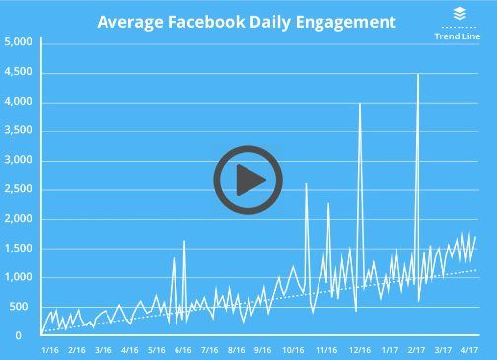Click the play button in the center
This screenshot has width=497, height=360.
pos(248,180)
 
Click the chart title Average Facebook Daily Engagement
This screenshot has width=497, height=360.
pos(247,21)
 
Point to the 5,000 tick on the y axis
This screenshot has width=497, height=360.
pos(19,42)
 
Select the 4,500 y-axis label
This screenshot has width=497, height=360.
pos(19,72)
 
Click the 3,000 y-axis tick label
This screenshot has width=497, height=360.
pos(19,160)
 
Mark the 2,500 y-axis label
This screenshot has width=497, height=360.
pos(19,189)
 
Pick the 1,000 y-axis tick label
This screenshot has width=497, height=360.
pos(19,277)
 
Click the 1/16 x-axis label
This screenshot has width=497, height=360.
pos(49,349)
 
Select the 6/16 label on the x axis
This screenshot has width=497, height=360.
pos(182,349)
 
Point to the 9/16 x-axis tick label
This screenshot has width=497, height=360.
pos(262,349)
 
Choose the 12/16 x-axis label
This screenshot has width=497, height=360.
pos(360,349)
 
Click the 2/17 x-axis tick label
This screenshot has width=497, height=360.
pos(417,349)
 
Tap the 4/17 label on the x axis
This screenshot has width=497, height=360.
pos(471,349)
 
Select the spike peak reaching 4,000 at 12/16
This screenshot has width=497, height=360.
pos(359,103)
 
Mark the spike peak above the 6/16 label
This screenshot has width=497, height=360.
pos(184,241)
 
